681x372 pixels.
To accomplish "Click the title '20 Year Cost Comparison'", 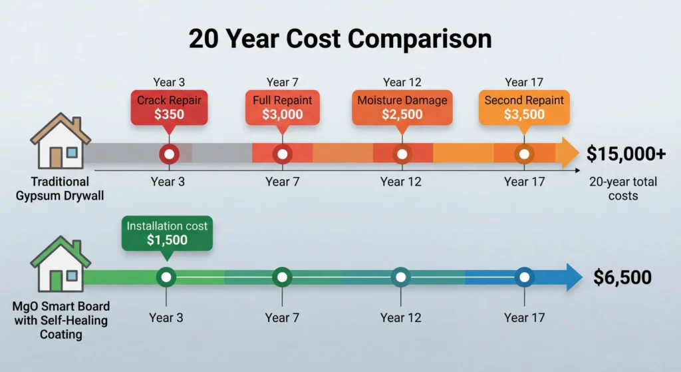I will [x=340, y=39].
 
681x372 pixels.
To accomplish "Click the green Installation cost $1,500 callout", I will [x=167, y=233].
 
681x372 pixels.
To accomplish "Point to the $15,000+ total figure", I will [x=626, y=154].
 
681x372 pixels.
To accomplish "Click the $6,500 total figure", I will [x=622, y=278].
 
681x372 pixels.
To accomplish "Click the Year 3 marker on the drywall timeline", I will [x=169, y=154].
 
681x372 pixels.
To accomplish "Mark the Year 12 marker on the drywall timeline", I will [x=401, y=154].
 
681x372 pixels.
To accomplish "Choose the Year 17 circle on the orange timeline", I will [x=524, y=154].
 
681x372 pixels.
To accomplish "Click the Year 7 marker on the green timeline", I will [x=283, y=277].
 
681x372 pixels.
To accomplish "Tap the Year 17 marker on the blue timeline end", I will [x=524, y=277].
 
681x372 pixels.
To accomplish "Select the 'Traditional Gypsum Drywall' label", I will [x=59, y=188].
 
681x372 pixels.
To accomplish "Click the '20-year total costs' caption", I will [x=622, y=189].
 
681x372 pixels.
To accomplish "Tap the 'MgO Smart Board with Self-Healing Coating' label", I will [x=59, y=321].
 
